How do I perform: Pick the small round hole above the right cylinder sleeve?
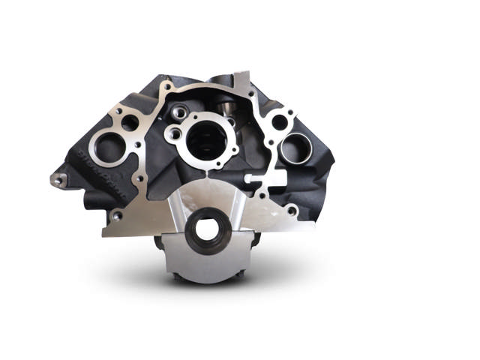280,122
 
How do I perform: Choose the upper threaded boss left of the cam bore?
178,114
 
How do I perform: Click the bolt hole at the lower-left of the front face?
116,216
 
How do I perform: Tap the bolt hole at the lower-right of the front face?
291,211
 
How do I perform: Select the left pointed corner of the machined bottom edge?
103,235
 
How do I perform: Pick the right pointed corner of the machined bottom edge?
313,229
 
